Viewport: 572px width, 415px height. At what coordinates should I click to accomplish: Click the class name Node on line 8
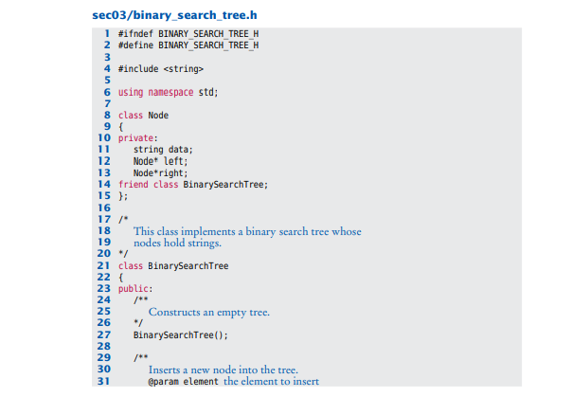(158, 115)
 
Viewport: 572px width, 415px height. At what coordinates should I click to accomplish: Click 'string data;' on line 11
(163, 150)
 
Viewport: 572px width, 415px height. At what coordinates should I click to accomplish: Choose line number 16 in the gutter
(104, 207)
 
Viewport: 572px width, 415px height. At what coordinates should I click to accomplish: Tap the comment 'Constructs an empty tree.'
(209, 312)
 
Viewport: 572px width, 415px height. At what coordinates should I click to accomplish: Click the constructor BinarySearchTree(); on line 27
(180, 334)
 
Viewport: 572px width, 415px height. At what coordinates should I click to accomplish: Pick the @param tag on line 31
(164, 381)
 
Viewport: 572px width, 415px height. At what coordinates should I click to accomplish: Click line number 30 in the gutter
(104, 370)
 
